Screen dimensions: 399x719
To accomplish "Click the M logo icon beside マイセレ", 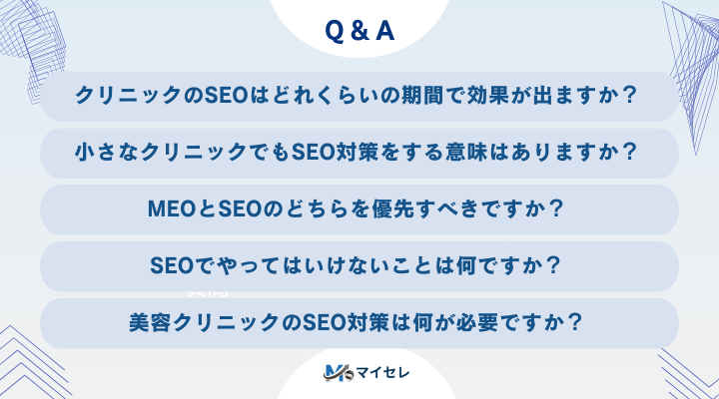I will [335, 374].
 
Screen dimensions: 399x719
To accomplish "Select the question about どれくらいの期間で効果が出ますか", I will [359, 97].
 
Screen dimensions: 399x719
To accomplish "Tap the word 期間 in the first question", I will [460, 97].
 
